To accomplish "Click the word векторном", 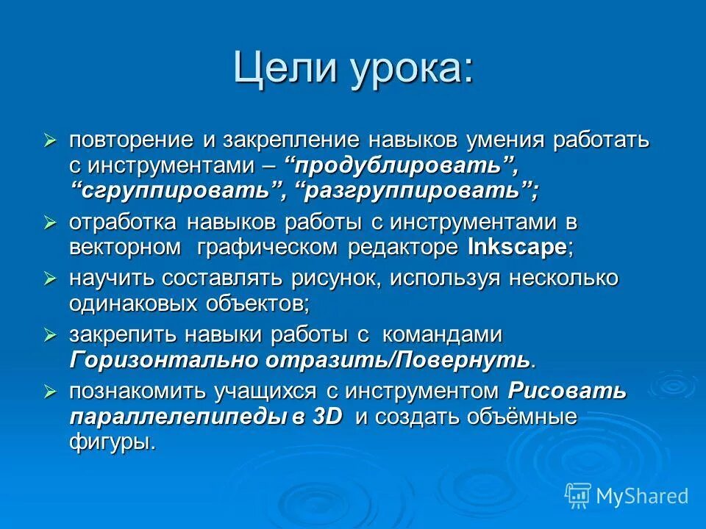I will tap(125, 248).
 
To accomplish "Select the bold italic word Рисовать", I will tap(567, 391).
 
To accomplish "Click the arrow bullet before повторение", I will tap(50, 140).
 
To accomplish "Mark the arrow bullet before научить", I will tap(50, 278).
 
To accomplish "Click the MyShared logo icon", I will tap(578, 495).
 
